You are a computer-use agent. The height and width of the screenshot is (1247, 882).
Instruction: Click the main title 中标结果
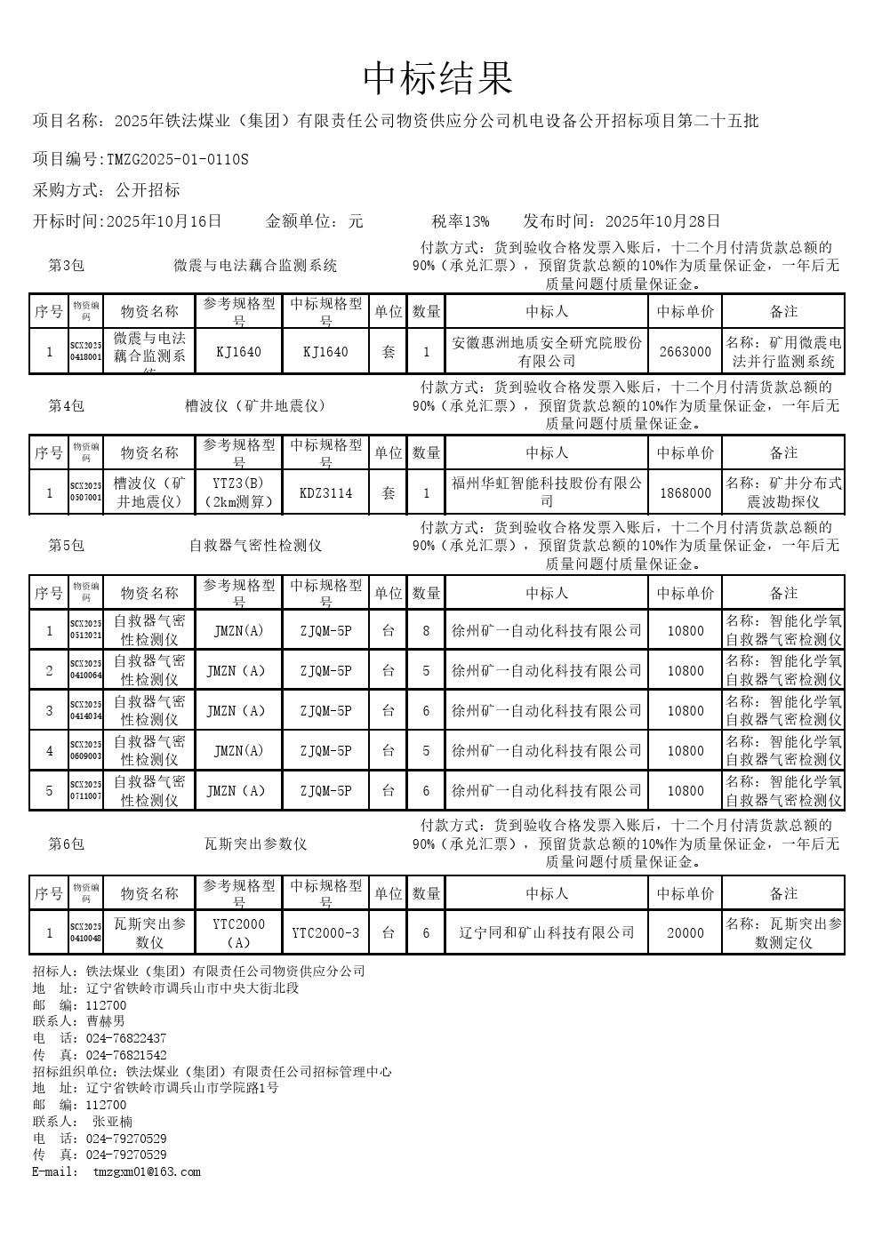pos(438,79)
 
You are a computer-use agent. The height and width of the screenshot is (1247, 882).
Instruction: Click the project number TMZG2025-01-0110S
pos(178,160)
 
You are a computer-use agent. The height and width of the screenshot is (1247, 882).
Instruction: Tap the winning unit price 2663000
pos(686,352)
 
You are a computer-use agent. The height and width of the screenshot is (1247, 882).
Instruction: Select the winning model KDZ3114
pos(325,492)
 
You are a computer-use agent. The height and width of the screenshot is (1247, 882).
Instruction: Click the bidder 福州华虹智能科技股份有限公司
pos(546,492)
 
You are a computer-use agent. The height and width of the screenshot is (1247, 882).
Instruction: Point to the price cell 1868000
pos(686,492)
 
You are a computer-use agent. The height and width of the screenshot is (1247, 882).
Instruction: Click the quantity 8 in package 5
pos(426,631)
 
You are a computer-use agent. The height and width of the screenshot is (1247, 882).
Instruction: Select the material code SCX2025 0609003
pos(86,751)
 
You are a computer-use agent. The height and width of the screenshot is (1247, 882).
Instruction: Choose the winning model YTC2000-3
pos(325,933)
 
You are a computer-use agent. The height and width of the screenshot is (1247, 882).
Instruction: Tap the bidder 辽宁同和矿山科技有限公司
pos(546,933)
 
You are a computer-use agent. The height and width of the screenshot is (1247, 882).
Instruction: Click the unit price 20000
pos(686,933)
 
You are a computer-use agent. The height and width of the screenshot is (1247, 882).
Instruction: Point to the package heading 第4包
pos(66,406)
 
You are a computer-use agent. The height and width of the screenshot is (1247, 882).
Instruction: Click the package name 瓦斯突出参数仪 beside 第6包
pos(255,843)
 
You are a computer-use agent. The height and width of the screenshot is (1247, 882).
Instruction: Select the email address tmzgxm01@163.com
pos(147,1171)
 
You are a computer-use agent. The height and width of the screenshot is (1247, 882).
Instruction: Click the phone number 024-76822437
pos(126,1038)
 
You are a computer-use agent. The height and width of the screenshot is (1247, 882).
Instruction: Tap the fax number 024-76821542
pos(126,1055)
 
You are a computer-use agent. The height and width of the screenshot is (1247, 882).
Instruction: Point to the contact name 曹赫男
pos(106,1021)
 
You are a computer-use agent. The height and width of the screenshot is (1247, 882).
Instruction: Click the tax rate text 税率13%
pos(461,221)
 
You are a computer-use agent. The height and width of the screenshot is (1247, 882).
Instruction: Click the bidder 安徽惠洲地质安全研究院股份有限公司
pos(546,352)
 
